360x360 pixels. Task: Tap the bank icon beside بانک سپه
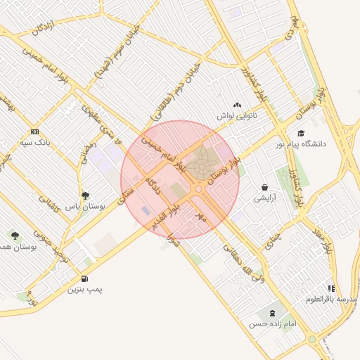(35, 131)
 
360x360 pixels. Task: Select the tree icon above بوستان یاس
(86, 196)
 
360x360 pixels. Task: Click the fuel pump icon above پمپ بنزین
(86, 279)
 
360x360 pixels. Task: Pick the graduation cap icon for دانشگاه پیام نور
(301, 134)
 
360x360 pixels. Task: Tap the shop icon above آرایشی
(264, 188)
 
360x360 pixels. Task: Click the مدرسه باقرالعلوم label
(331, 299)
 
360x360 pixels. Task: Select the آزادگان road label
(43, 28)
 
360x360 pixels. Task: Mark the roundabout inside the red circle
(199, 189)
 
